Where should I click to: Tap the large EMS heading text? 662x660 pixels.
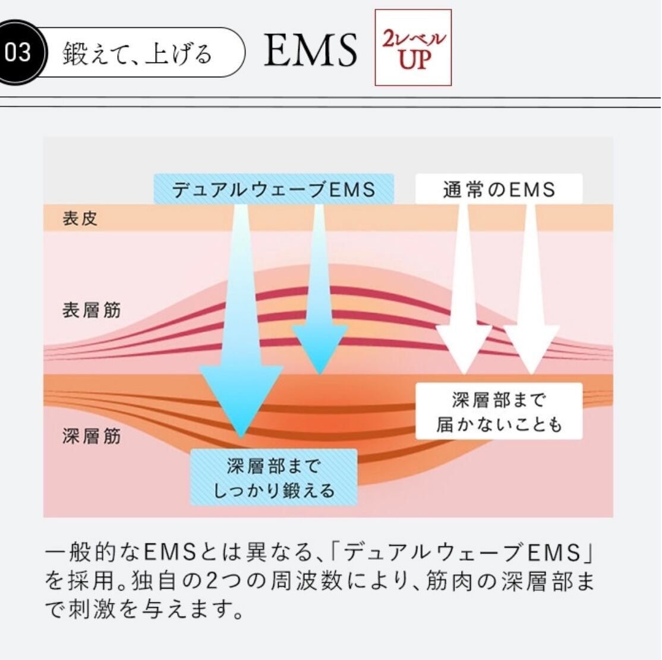pos(311,51)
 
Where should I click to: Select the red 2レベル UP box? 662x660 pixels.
pos(414,48)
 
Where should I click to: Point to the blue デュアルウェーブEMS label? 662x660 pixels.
pos(273,189)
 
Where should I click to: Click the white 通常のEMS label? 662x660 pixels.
pos(499,189)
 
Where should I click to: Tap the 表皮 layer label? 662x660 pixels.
pos(80,218)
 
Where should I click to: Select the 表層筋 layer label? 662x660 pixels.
pos(92,310)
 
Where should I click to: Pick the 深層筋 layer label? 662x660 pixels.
pos(92,436)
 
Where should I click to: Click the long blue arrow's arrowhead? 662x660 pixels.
pos(241,401)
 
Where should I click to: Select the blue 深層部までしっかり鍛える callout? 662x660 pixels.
pos(273,477)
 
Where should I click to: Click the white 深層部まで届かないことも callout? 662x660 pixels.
pos(499,411)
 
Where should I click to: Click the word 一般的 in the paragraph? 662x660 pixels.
pos(81,552)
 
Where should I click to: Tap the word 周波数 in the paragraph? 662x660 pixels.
pos(307,581)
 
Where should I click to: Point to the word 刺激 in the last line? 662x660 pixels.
pos(93,609)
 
